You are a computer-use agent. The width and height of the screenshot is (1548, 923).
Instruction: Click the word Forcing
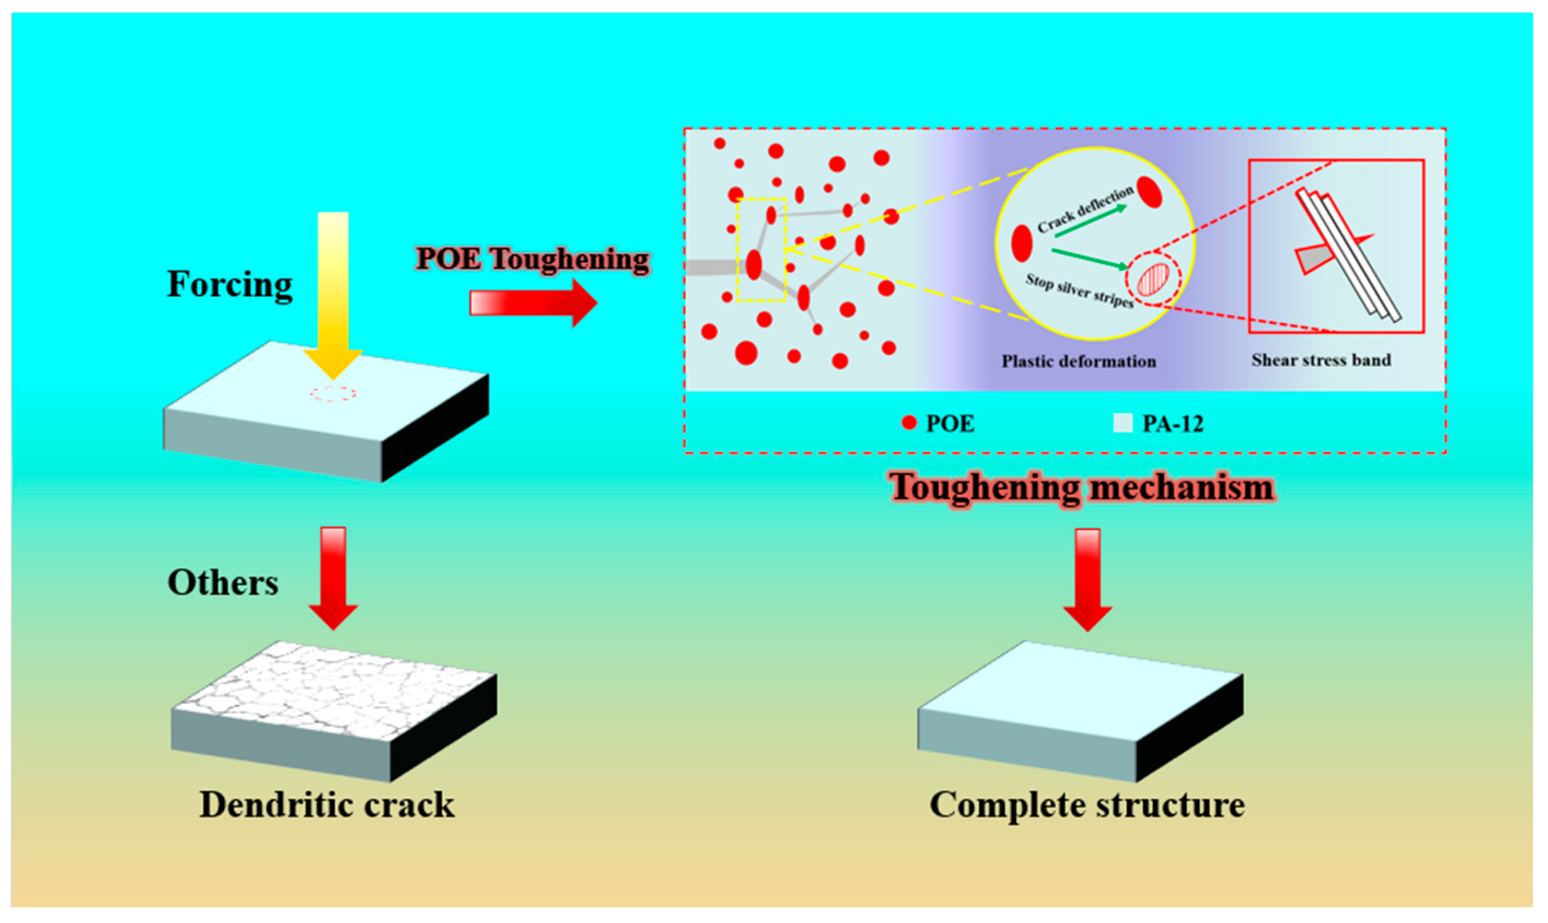click(230, 285)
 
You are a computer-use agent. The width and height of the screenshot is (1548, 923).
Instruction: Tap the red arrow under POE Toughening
click(533, 303)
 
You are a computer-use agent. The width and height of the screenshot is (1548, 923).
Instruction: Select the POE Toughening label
click(533, 259)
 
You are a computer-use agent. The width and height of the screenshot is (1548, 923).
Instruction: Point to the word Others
click(223, 583)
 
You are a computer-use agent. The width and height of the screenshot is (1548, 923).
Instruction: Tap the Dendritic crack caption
click(327, 805)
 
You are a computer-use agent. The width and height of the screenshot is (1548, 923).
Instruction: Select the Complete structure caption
click(1087, 805)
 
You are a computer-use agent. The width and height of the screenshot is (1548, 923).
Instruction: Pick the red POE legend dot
click(909, 423)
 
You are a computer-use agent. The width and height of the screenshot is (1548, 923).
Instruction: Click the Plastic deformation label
click(1078, 361)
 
